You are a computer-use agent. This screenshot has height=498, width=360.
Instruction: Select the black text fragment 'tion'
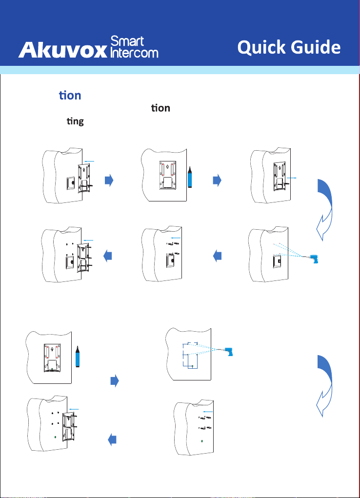[161, 108]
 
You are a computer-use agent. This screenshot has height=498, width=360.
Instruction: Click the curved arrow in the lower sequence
[326, 385]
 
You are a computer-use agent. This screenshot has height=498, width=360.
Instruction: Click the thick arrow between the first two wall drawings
[109, 180]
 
